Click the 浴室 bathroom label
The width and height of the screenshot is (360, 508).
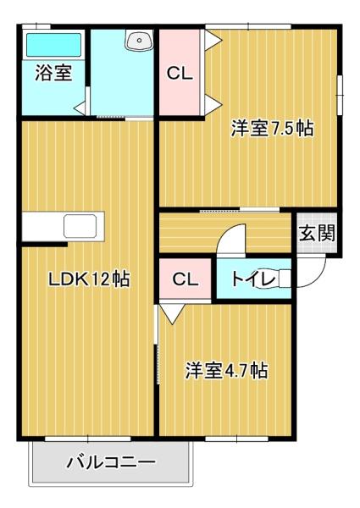point(53,73)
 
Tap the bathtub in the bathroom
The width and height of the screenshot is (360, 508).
point(53,43)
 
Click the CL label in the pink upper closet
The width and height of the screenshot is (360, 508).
point(180,74)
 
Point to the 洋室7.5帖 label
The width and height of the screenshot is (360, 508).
point(273,129)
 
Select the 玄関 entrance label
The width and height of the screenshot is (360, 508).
point(316,233)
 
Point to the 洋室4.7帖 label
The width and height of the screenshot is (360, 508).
point(227,371)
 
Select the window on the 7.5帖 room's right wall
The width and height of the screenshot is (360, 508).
point(340,90)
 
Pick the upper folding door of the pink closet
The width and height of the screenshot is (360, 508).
point(213,40)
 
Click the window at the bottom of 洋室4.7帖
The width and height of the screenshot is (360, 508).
point(231,439)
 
